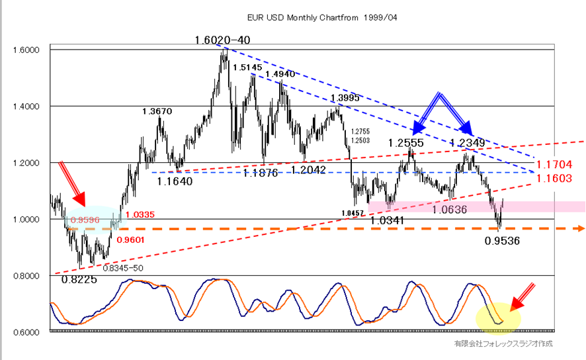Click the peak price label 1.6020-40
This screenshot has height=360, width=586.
click(222, 40)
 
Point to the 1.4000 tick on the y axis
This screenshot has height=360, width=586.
click(26, 107)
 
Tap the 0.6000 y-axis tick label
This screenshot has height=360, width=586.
click(26, 332)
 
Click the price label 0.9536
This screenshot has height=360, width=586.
click(502, 241)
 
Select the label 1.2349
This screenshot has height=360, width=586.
click(468, 143)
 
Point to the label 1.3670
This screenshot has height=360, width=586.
click(157, 112)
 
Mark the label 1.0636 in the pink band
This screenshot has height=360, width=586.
click(451, 210)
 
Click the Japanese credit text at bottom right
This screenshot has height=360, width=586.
click(502, 344)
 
